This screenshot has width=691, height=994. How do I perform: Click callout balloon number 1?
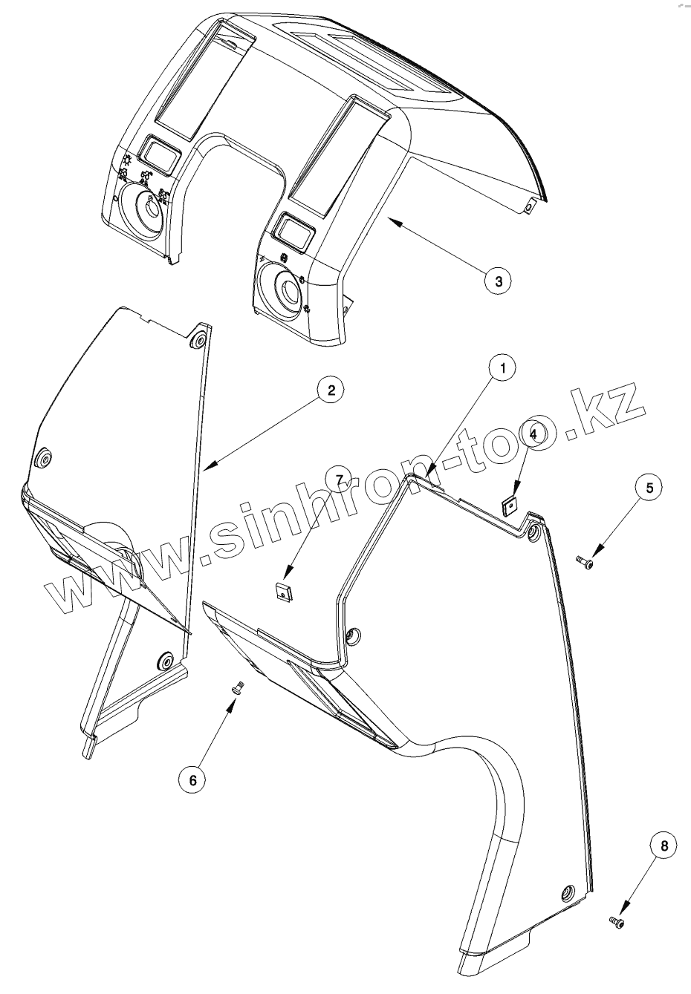click(x=504, y=368)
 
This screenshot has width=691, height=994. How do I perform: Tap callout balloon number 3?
click(x=498, y=281)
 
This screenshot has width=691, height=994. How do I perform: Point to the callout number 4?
click(x=534, y=431)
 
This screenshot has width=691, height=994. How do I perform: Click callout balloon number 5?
click(x=649, y=488)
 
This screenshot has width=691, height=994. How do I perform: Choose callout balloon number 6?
click(x=193, y=779)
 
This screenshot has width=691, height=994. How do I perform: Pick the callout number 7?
click(x=341, y=480)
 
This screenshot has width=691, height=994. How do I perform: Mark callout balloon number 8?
click(x=663, y=845)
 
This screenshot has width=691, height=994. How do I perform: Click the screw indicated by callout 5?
click(x=585, y=564)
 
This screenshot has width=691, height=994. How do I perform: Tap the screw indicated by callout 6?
click(x=239, y=688)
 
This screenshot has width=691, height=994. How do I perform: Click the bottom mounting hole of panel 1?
click(x=568, y=892)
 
